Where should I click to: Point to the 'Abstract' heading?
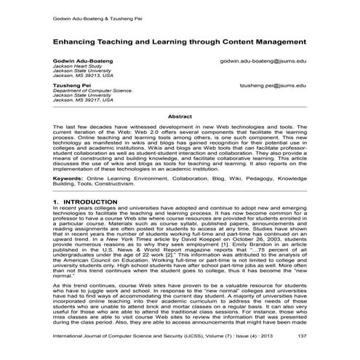click(180, 116)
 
